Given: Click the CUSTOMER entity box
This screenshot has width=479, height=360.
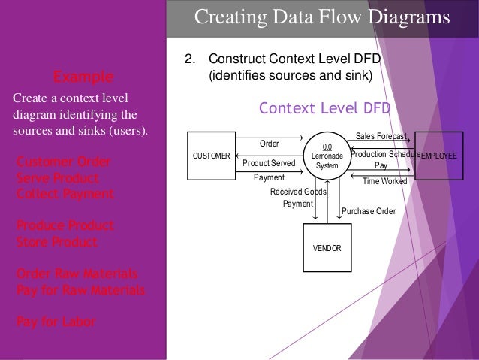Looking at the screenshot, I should coord(212,156).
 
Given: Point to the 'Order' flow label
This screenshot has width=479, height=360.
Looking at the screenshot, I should coord(269,143).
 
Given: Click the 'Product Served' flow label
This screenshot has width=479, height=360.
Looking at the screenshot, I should coord(269,162).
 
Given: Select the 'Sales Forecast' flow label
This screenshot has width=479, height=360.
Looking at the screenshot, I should coord(381,136).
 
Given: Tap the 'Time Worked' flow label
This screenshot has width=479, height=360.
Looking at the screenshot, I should coord(384,181).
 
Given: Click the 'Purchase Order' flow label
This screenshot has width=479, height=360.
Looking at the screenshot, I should coord(369,211).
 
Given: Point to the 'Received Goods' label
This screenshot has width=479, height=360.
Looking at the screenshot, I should coord(297,192).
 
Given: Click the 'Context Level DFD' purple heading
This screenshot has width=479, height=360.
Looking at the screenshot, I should coord(324,108).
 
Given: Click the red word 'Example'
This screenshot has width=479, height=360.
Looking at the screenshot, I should coord(83,77).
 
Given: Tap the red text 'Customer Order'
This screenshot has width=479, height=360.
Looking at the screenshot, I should coord(63,162).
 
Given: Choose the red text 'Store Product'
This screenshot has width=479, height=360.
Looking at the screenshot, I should coord(57,241).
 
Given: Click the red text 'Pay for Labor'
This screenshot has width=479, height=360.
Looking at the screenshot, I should coord(56,322).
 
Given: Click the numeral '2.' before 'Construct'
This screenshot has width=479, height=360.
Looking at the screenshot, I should coord(191,59).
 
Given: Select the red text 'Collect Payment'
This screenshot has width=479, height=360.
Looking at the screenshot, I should coord(65,194).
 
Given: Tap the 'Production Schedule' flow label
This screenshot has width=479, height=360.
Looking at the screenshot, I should coord(384,153).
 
